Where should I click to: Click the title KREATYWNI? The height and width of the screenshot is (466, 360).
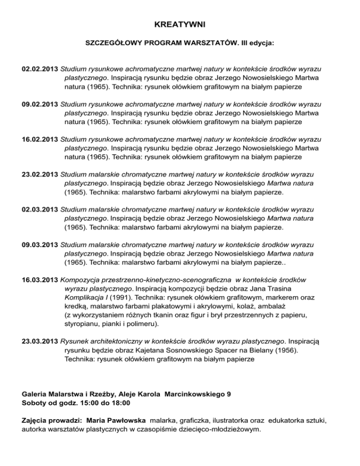tap(180, 24)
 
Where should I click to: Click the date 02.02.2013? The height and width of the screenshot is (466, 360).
tap(40, 69)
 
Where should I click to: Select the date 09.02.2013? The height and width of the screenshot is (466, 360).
tap(40, 104)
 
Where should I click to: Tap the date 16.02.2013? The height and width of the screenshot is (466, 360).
tap(40, 139)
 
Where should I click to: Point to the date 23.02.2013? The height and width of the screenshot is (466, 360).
tap(40, 174)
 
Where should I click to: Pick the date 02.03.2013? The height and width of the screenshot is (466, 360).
tap(40, 210)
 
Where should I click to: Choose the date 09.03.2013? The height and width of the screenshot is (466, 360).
tap(40, 245)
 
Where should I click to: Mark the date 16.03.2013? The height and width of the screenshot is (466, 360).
tap(40, 280)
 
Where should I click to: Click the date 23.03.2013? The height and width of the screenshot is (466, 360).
tap(40, 333)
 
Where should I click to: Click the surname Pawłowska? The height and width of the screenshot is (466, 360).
tap(121, 421)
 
